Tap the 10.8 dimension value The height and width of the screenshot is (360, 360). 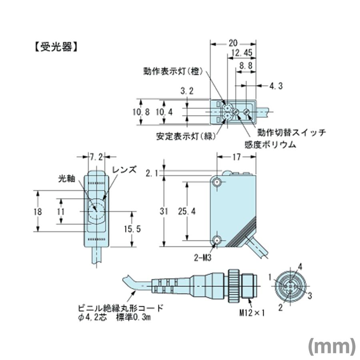(141, 112)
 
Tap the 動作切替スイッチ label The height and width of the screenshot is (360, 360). (292, 132)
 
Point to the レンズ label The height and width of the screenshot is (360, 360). (124, 169)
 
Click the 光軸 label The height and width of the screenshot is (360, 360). (66, 180)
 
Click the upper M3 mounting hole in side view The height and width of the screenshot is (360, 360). (217, 182)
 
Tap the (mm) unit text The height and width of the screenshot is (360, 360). (332, 346)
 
